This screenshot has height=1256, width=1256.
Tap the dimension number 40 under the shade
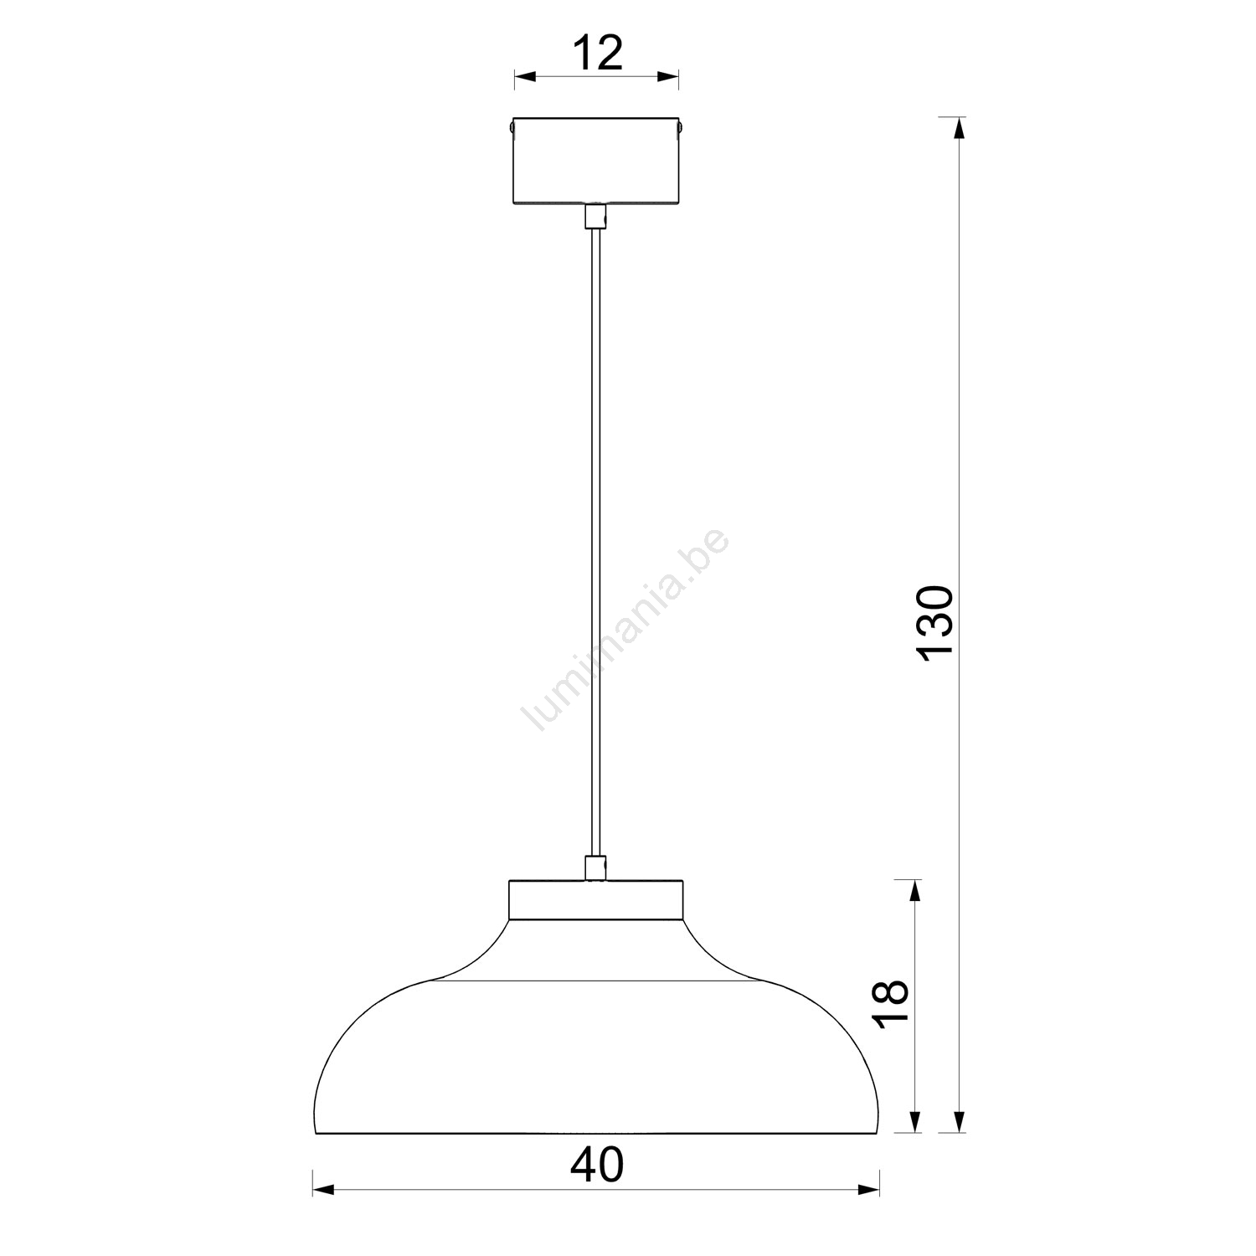coord(597,1165)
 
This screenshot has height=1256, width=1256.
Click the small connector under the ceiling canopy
coord(595,215)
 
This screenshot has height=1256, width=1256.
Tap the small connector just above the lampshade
coord(595,867)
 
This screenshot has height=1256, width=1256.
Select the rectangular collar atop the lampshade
coord(595,900)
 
